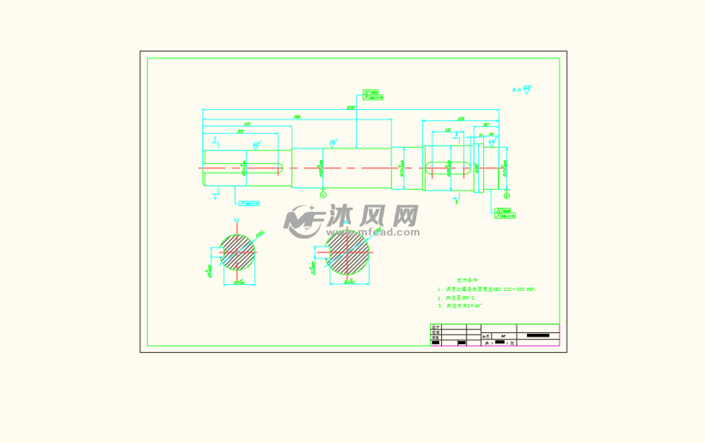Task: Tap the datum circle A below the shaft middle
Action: click(x=323, y=194)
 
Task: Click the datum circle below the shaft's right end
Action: click(x=506, y=196)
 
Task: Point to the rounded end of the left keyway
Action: click(x=281, y=167)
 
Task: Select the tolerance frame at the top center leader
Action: click(x=371, y=94)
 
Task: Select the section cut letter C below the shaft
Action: click(x=214, y=197)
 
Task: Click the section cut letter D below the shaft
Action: click(x=457, y=203)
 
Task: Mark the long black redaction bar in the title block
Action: click(x=542, y=335)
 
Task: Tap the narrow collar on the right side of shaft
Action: click(x=475, y=167)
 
